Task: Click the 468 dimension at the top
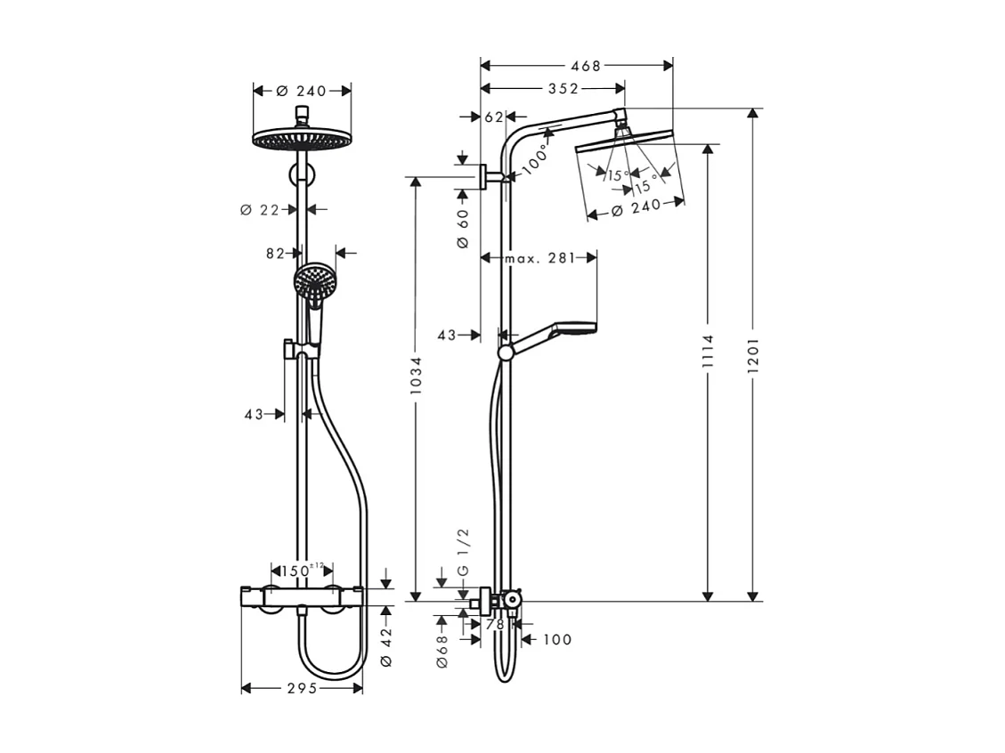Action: [x=586, y=65]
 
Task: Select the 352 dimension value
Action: [x=563, y=88]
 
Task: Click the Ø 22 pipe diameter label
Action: [x=260, y=210]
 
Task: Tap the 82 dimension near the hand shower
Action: [x=275, y=254]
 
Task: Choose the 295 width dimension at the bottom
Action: [x=303, y=688]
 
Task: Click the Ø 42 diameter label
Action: [x=385, y=648]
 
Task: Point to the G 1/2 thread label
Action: [x=463, y=552]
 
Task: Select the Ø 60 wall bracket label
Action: [x=463, y=229]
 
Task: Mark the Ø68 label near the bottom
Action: [x=442, y=651]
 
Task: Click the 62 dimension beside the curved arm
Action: [x=495, y=117]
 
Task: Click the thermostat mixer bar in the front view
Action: [x=302, y=595]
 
